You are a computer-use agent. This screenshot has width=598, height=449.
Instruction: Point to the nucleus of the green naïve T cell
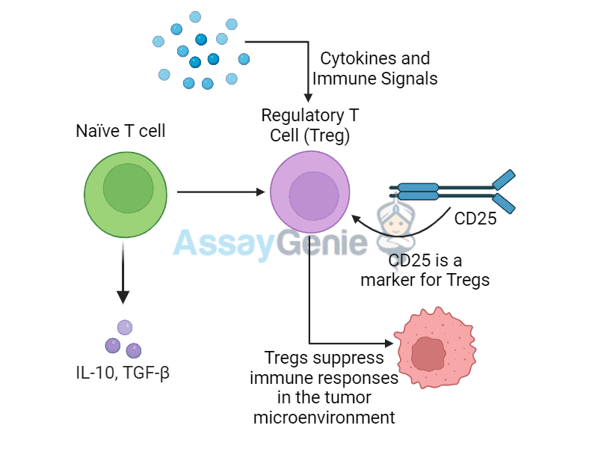(x=128, y=189)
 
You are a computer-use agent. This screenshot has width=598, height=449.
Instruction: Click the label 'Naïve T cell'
(x=120, y=131)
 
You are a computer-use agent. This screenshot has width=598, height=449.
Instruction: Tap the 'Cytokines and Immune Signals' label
(x=374, y=68)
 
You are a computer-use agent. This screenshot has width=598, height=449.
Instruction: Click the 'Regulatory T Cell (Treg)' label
(x=309, y=126)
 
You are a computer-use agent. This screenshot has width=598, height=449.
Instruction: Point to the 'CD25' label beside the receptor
(x=475, y=220)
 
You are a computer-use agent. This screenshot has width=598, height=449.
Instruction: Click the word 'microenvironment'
(x=324, y=418)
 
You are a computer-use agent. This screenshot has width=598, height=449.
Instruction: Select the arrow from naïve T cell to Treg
(x=221, y=192)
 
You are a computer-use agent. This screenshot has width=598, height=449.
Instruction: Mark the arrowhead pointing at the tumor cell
(x=387, y=343)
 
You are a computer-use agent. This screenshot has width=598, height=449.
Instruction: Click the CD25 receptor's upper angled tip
(x=503, y=179)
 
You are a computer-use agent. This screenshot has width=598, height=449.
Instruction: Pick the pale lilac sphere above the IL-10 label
(x=125, y=327)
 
